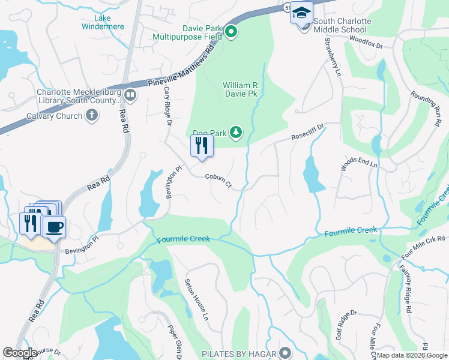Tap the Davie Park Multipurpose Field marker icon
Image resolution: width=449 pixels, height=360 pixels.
click(x=231, y=32)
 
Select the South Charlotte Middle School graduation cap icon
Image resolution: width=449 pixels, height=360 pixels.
click(x=301, y=13)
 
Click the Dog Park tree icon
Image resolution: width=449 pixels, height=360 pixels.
click(x=237, y=131)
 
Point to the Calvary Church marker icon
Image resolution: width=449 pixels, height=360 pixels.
click(x=92, y=116)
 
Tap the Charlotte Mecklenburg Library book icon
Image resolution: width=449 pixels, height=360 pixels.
click(x=130, y=94)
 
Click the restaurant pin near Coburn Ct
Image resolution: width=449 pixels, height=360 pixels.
click(x=202, y=145)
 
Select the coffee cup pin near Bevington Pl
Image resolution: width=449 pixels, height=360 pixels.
click(x=54, y=227)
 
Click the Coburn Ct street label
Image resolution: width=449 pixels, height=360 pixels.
click(x=218, y=181)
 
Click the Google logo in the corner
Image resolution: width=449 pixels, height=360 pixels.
click(x=20, y=353)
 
